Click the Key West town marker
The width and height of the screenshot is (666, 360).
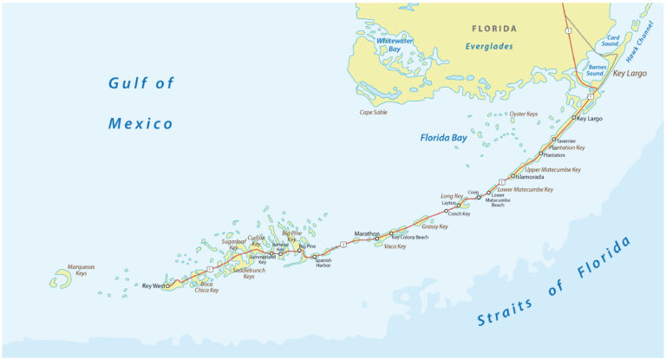(x=167, y=285)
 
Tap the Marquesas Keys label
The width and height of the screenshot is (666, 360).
(x=82, y=270)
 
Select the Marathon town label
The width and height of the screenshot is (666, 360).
(x=367, y=233)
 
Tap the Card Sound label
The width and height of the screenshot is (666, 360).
(x=612, y=40)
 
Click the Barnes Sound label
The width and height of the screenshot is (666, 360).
(x=597, y=70)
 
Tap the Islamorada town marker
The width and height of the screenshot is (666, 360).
(x=513, y=176)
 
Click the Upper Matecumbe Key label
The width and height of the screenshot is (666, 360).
(x=552, y=170)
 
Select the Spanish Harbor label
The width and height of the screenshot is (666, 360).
(x=323, y=262)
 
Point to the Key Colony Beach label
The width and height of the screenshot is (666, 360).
(x=410, y=237)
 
